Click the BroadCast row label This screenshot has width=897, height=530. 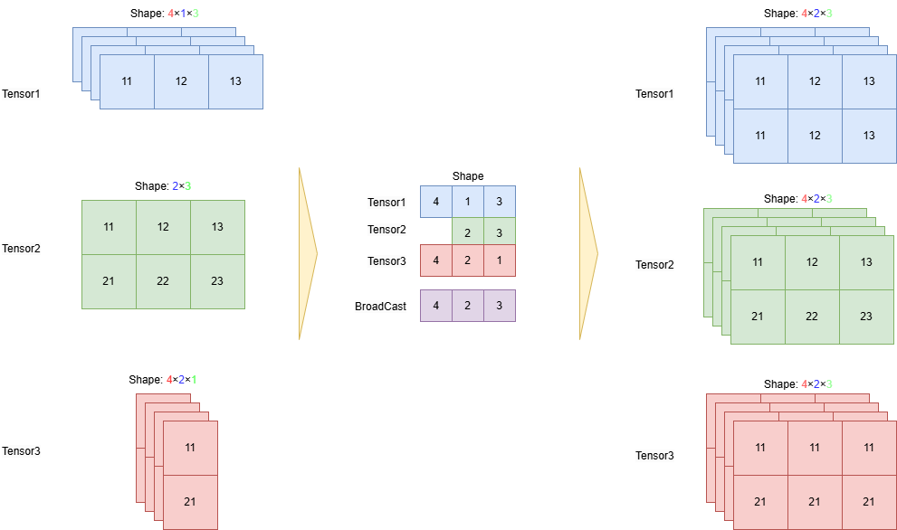(x=380, y=307)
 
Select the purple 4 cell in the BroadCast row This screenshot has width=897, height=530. (x=436, y=306)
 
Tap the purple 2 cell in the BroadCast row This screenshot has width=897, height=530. (x=467, y=306)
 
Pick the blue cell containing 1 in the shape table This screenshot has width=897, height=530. (x=467, y=202)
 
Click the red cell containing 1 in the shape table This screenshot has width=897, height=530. (x=499, y=260)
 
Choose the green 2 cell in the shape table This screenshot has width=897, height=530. (x=467, y=232)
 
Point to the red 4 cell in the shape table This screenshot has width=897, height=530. (x=436, y=260)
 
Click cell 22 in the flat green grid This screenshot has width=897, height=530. (x=163, y=281)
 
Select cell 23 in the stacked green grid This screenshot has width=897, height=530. (x=866, y=317)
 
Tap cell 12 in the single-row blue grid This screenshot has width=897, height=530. (x=181, y=81)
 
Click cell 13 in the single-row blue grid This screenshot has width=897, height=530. (x=235, y=81)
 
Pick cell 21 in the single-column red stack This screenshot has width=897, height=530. (x=190, y=501)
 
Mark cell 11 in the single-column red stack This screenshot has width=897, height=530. (x=190, y=448)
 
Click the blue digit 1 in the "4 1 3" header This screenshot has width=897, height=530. (x=183, y=14)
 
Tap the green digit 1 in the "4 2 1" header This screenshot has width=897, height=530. (x=193, y=380)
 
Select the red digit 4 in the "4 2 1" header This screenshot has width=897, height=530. (x=169, y=380)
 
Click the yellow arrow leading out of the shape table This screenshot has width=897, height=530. (x=588, y=253)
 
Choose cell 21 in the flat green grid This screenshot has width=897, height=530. (x=109, y=281)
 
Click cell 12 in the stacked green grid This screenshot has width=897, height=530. (x=812, y=262)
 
